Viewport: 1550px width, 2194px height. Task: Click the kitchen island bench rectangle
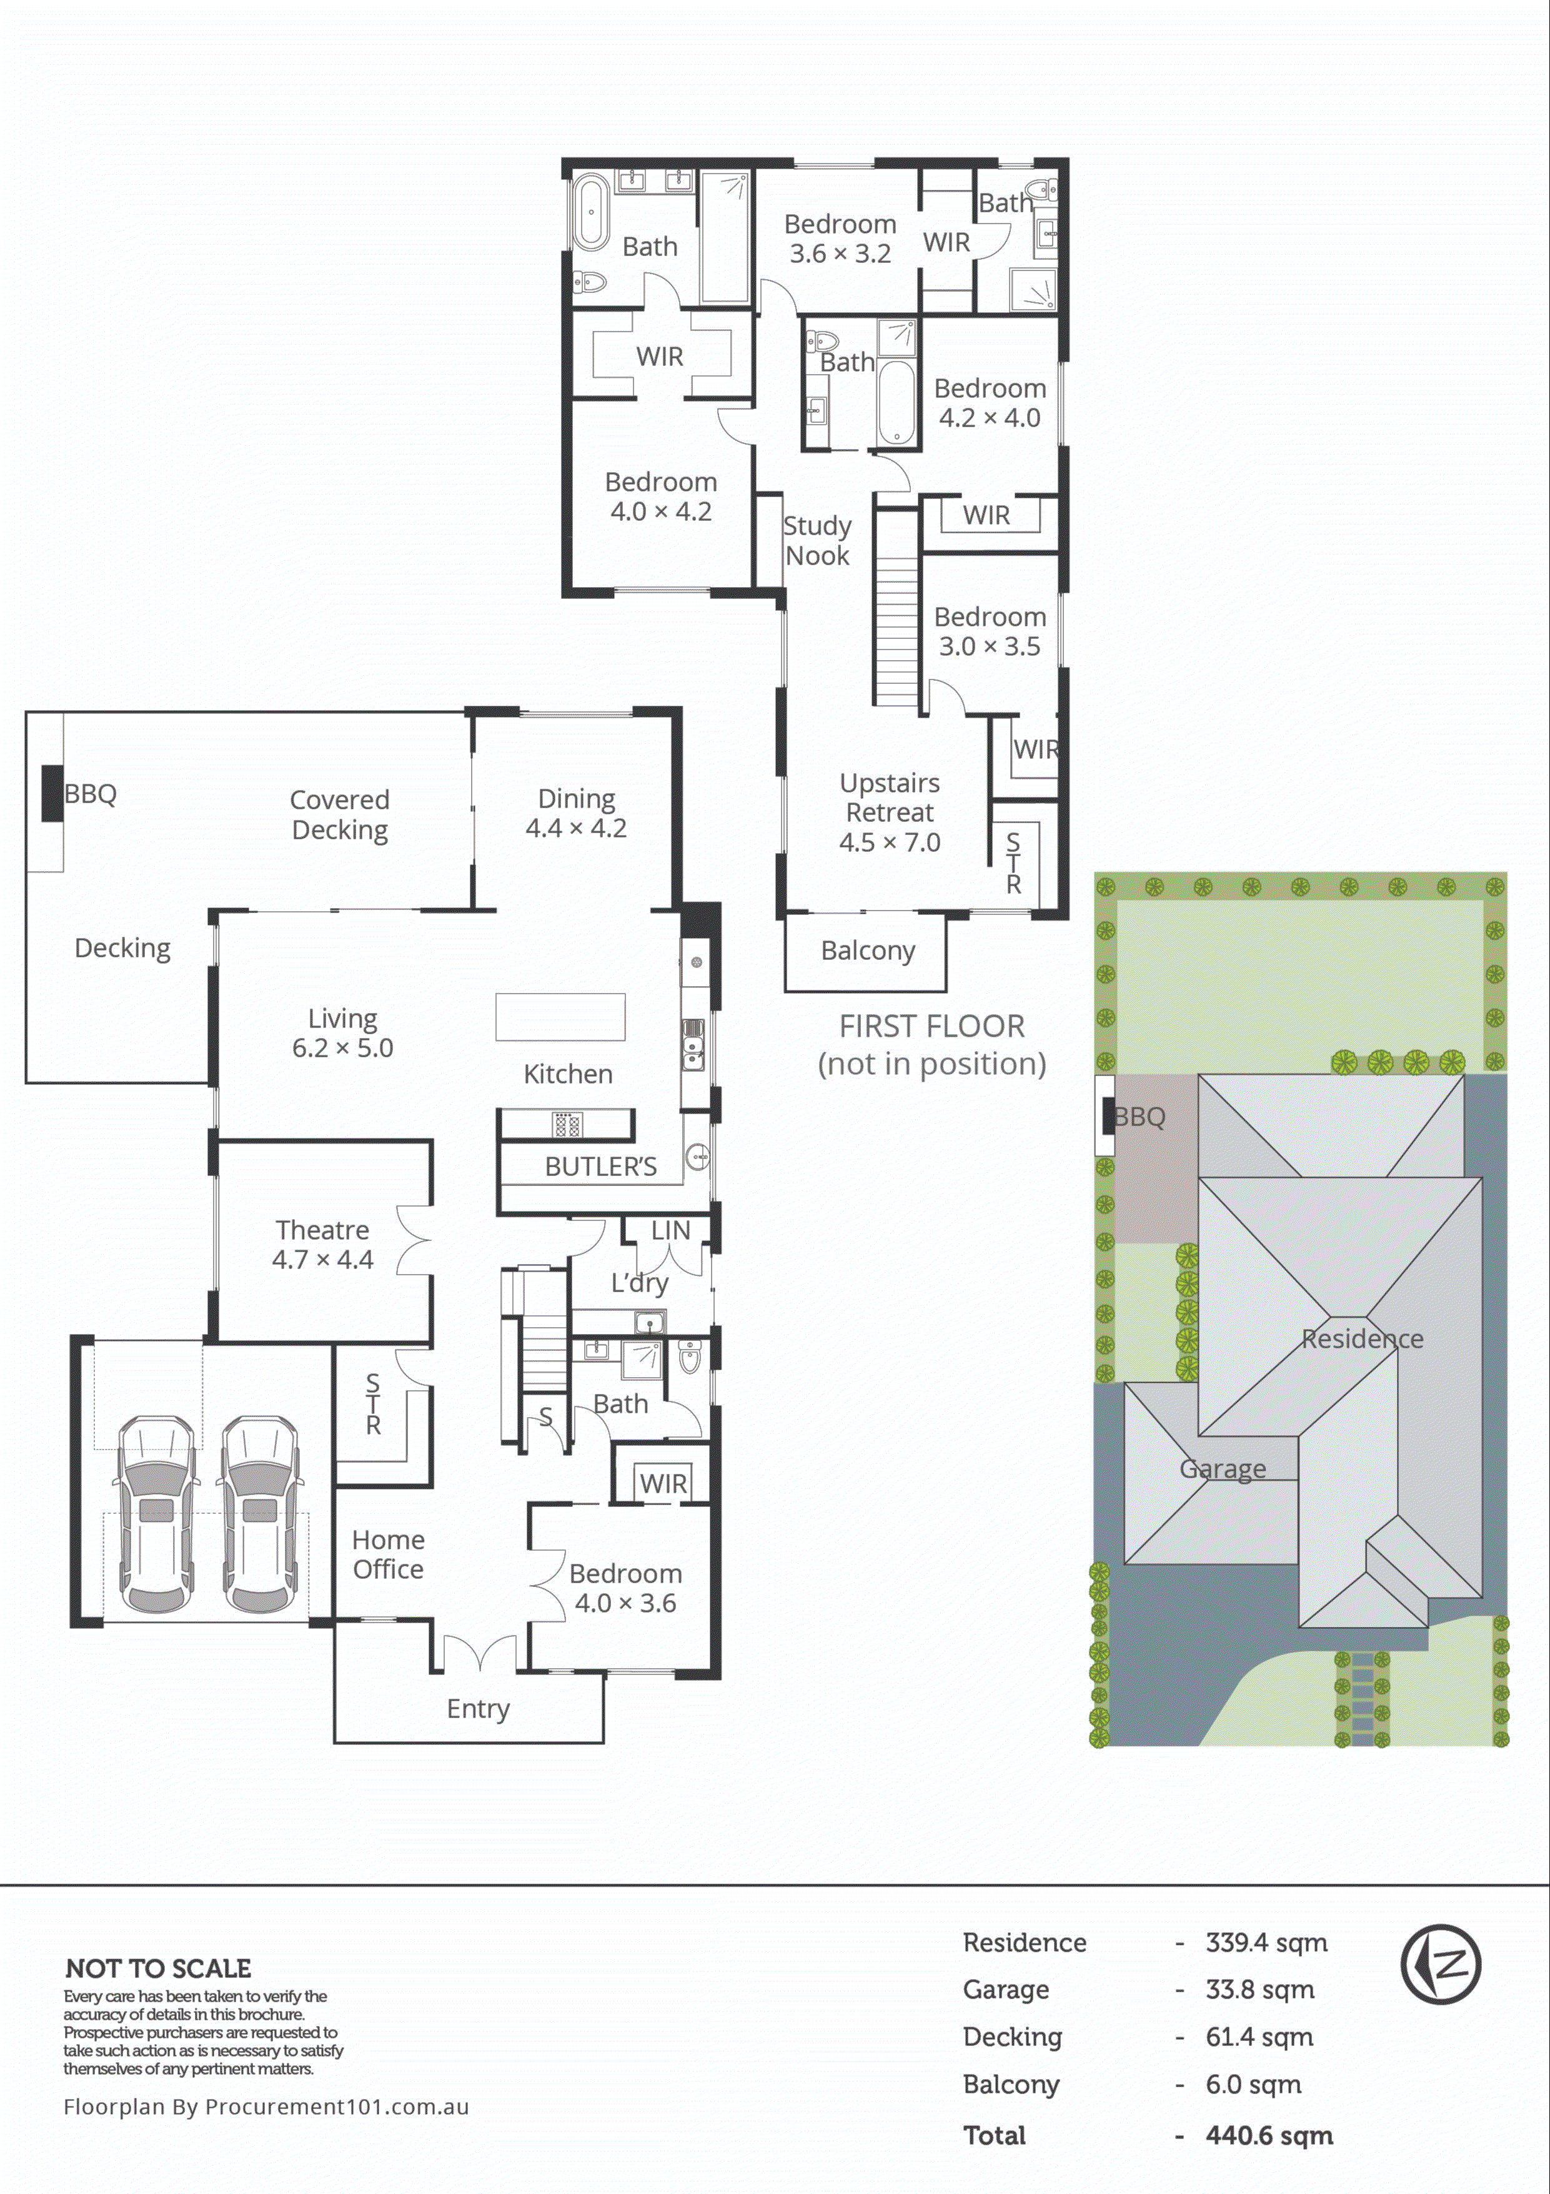click(x=560, y=1017)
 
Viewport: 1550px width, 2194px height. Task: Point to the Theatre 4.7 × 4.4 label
click(x=322, y=1244)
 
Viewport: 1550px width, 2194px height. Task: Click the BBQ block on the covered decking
click(x=52, y=793)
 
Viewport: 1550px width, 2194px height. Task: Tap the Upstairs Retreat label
click(x=890, y=813)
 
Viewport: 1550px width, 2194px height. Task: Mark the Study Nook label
click(x=817, y=541)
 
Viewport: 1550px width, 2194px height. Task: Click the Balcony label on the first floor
click(x=868, y=951)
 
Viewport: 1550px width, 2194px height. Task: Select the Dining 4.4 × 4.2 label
click(x=576, y=813)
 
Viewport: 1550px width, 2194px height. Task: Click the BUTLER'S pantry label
click(x=600, y=1167)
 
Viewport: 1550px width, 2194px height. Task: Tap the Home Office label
click(x=388, y=1554)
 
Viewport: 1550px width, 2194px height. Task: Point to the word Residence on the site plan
click(x=1362, y=1339)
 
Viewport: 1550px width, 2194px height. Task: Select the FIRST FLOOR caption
click(x=931, y=1026)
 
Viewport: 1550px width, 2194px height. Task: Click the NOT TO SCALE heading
click(x=159, y=1969)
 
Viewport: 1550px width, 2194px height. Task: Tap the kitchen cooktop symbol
click(x=567, y=1125)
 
